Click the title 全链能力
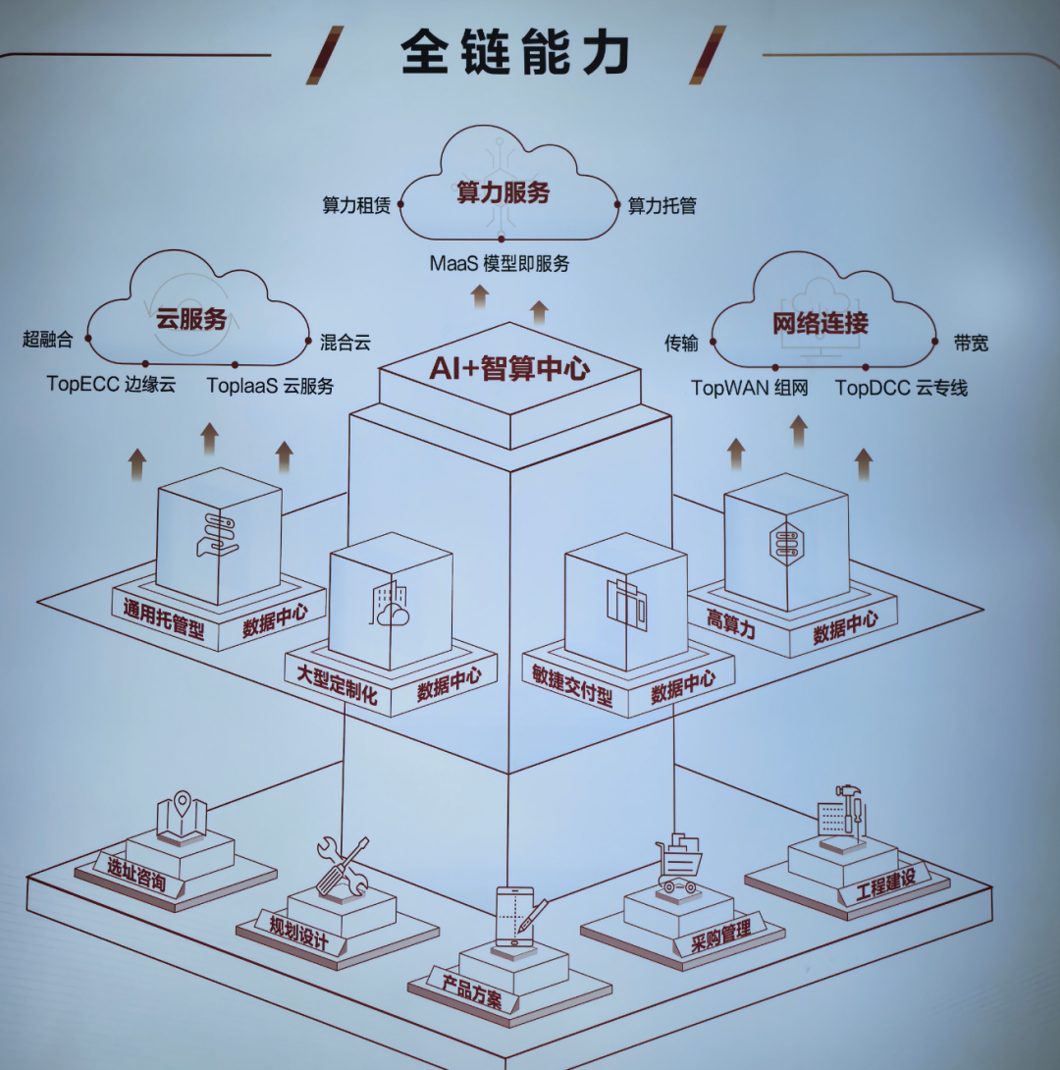click(x=514, y=52)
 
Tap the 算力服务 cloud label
click(x=503, y=192)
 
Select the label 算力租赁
click(x=356, y=205)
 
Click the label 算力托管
click(x=662, y=205)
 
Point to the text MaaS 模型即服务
click(x=500, y=263)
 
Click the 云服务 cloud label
click(x=191, y=319)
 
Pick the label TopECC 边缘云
click(x=111, y=384)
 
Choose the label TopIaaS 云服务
click(x=270, y=386)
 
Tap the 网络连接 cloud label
click(x=820, y=323)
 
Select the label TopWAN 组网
click(x=750, y=389)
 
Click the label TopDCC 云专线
click(x=901, y=389)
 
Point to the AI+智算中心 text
click(x=509, y=368)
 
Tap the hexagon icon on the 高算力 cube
click(x=786, y=544)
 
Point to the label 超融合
click(x=47, y=339)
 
